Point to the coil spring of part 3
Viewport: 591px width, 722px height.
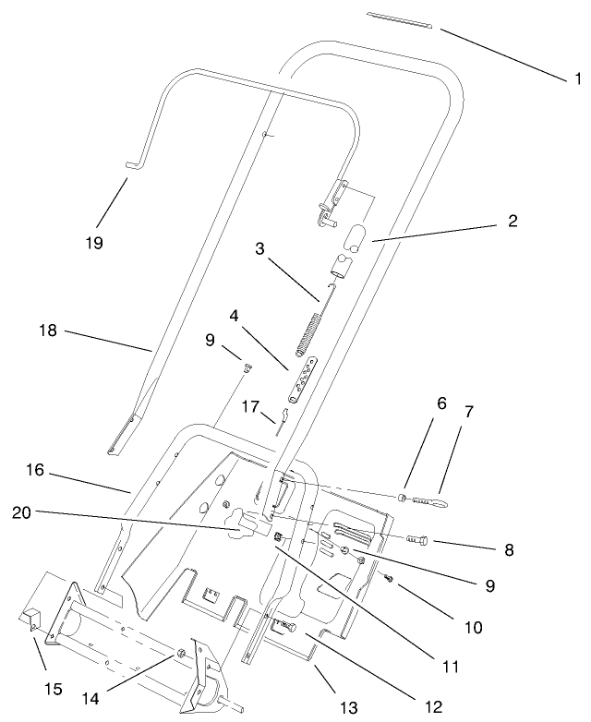(308, 334)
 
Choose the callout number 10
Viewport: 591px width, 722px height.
(473, 627)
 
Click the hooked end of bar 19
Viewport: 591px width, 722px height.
(131, 165)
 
